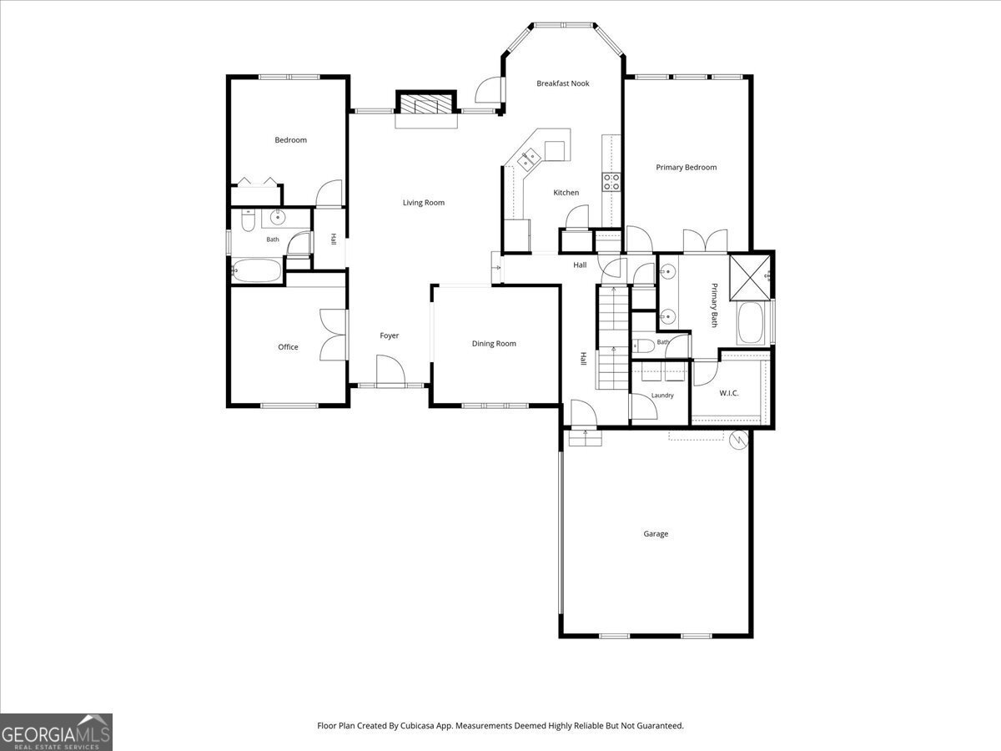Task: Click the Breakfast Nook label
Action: coord(563,83)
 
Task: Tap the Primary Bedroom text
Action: coord(686,168)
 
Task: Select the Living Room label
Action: coord(423,203)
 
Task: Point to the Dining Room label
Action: coord(494,343)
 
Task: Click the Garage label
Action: coord(656,533)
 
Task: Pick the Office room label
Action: coord(288,347)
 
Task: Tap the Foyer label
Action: coord(389,335)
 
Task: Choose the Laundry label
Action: coord(662,396)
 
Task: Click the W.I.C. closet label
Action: coord(729,393)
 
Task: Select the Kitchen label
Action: coord(566,193)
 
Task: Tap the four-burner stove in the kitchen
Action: coord(611,181)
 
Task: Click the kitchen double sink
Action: coord(529,159)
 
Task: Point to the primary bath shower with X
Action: coord(750,278)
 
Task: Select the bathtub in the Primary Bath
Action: coord(750,323)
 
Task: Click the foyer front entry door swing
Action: coord(391,370)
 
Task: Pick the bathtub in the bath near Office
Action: coord(256,270)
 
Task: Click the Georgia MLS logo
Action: coord(56,732)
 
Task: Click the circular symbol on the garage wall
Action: coord(738,440)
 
